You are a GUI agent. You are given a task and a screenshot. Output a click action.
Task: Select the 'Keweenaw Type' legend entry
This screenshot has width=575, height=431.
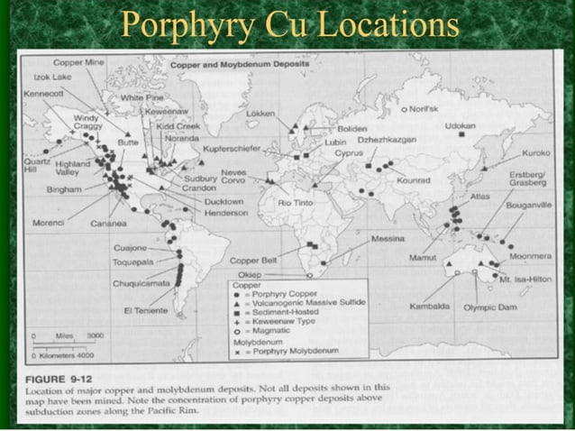279,322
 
